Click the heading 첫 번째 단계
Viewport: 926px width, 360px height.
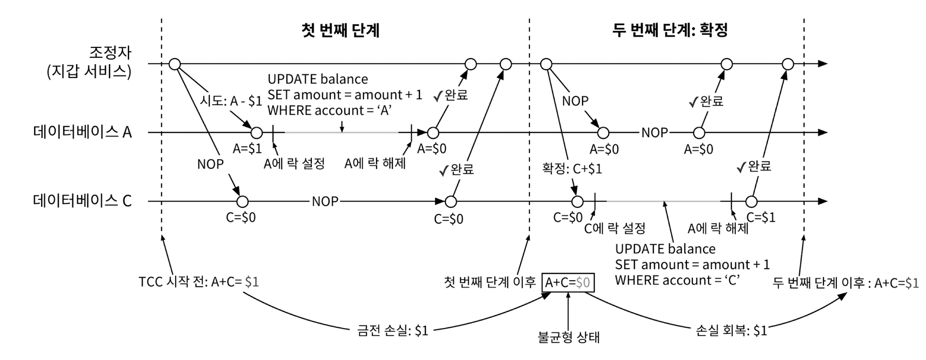point(341,30)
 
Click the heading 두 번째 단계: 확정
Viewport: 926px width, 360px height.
point(670,30)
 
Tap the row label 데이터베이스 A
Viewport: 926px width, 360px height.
point(82,132)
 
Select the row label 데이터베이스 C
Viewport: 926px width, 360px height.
point(82,201)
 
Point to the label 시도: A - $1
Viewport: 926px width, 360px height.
point(231,101)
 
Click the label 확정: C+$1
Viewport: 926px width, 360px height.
point(572,168)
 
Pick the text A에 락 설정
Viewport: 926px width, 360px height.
point(294,164)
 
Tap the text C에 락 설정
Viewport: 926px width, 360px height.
point(615,228)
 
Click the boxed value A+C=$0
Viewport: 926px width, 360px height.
point(568,282)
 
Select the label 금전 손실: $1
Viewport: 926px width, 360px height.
point(393,330)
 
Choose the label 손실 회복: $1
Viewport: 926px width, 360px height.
point(731,330)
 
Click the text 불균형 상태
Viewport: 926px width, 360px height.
point(569,337)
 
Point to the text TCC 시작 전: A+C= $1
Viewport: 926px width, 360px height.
point(199,282)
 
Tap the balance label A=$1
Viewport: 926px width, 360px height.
point(247,149)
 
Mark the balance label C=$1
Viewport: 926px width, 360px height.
point(761,217)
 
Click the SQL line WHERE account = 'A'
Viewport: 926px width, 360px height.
point(329,111)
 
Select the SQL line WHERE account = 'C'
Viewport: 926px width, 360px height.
point(677,280)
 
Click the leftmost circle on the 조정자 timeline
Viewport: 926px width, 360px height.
point(174,64)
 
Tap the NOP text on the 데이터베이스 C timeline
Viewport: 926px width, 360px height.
point(325,201)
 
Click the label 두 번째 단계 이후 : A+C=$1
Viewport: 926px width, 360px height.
point(845,283)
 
